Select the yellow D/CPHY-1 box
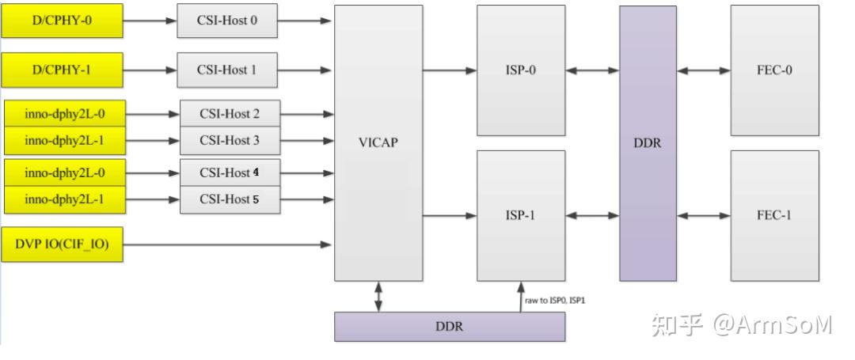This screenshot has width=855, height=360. [x=62, y=70]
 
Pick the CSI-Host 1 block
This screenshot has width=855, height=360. [x=226, y=70]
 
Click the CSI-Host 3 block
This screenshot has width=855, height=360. [x=230, y=140]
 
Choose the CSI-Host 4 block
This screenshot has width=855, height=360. [x=230, y=172]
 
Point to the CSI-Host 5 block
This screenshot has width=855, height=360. [x=230, y=199]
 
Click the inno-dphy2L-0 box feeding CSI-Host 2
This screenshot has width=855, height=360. [x=64, y=114]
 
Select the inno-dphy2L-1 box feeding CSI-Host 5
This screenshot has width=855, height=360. [x=64, y=199]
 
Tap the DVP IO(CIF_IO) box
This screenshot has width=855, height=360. [x=62, y=244]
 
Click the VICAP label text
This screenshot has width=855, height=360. [x=378, y=143]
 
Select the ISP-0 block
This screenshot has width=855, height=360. [x=520, y=70]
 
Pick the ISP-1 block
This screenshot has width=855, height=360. [x=520, y=215]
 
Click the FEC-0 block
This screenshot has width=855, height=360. [x=773, y=70]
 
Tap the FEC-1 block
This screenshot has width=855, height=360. [x=773, y=215]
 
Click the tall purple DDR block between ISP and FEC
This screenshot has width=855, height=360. [x=648, y=143]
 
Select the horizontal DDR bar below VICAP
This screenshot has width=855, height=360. [x=449, y=327]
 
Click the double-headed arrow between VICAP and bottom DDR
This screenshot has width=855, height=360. [x=378, y=297]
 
